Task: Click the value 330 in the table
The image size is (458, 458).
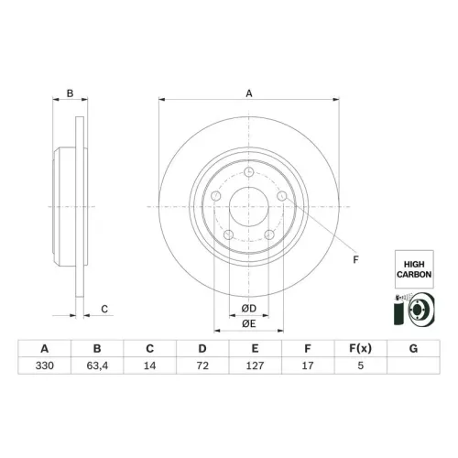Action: pos(45,365)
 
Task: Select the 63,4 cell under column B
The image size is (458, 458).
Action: pos(97,365)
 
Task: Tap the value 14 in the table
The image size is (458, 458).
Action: pos(149,365)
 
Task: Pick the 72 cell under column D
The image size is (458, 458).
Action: pos(202,365)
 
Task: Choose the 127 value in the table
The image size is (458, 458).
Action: pos(255,365)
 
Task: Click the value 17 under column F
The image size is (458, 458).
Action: pos(308,365)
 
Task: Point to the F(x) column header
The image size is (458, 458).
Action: pos(361,348)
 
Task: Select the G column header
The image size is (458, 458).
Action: pos(413,348)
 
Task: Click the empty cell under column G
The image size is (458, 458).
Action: pos(413,365)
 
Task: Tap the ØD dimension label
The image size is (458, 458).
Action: pos(249,309)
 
